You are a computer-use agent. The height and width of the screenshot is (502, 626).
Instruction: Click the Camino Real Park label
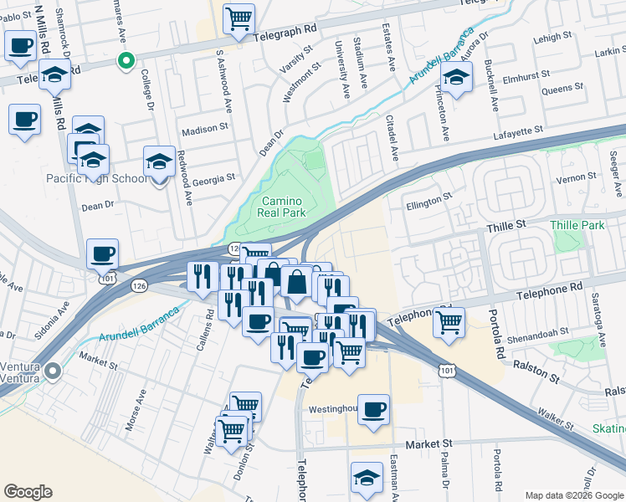(282, 207)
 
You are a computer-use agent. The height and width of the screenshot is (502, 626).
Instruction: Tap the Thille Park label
(577, 226)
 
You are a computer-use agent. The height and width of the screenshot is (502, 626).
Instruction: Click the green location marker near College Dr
(126, 60)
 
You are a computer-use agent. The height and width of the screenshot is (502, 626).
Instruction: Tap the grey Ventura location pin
(54, 371)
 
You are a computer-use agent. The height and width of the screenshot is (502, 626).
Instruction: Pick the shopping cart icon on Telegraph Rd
(239, 18)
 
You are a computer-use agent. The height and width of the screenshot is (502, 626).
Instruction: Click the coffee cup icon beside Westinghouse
(374, 410)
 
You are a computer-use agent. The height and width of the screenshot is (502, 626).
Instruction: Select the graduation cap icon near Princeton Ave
(456, 79)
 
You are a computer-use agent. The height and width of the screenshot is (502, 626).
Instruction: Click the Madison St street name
(205, 129)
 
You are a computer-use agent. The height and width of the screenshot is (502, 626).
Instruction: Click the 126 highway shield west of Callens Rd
(138, 286)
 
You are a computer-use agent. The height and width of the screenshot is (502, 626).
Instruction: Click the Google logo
(28, 492)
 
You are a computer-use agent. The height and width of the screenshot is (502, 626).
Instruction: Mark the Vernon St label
(579, 177)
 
